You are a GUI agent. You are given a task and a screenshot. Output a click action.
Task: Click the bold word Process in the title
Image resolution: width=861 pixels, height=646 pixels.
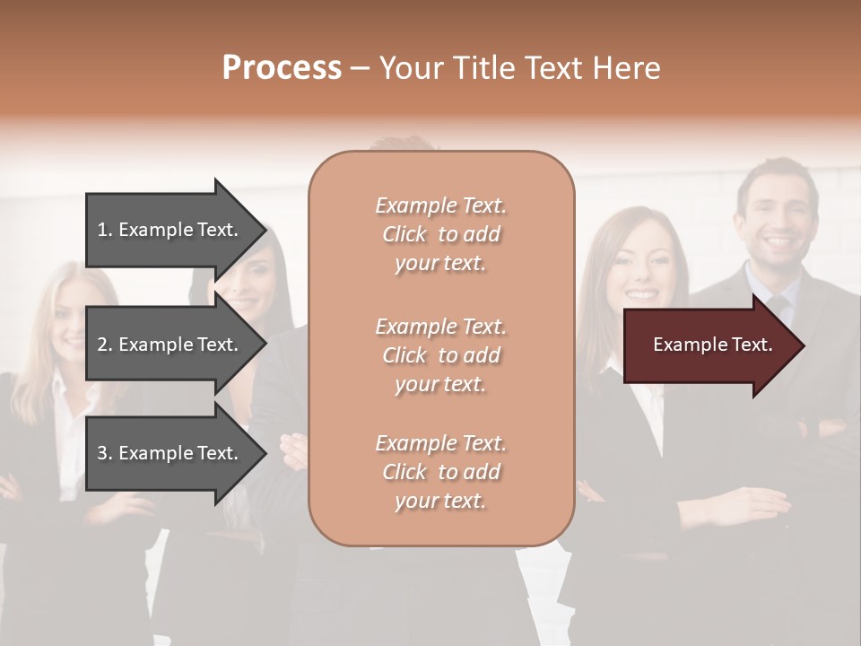[282, 68]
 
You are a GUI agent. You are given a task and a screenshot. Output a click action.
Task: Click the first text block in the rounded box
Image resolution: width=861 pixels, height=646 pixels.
[440, 234]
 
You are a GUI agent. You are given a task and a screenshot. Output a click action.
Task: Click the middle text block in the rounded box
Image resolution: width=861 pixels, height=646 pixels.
[440, 355]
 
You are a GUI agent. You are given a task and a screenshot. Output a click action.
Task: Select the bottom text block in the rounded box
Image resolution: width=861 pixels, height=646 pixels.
[440, 472]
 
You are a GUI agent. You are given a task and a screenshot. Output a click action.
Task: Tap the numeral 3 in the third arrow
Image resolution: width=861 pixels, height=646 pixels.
[102, 453]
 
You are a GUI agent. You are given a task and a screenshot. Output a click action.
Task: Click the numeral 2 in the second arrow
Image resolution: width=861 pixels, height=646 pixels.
[102, 345]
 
